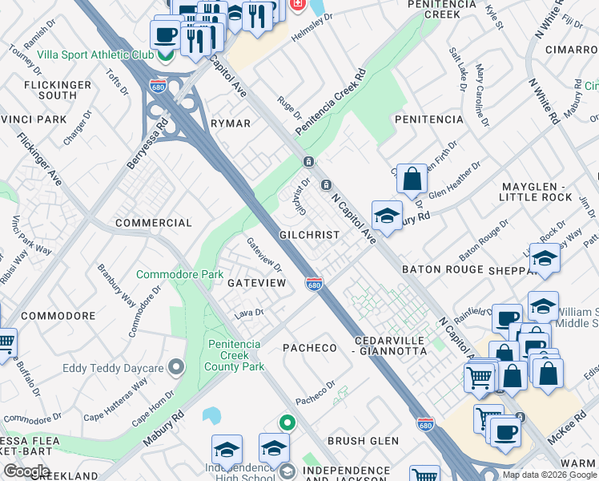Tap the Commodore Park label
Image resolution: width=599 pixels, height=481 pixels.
(x=179, y=274)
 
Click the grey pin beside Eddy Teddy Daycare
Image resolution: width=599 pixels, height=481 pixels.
(x=176, y=368)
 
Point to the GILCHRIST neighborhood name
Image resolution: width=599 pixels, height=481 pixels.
(x=309, y=235)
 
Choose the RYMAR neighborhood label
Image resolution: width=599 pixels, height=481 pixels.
(x=230, y=123)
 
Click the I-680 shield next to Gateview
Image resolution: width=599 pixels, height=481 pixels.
(x=315, y=284)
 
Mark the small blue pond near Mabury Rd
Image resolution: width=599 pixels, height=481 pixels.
(x=211, y=415)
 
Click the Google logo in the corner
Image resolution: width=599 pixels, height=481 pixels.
(x=26, y=471)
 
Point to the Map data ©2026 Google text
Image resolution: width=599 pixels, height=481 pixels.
(x=549, y=475)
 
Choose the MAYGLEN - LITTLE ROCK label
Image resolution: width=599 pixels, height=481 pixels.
(x=537, y=192)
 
